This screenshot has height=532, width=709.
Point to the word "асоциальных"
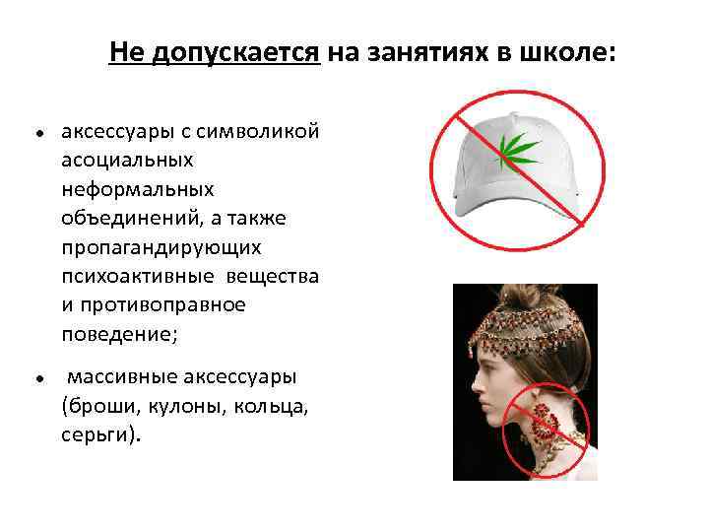127,160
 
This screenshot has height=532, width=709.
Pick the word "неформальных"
136,188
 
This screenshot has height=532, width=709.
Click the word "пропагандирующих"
159,246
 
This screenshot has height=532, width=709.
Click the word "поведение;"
119,334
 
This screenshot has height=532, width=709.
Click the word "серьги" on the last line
96,435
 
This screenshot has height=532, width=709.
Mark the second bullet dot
34,378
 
